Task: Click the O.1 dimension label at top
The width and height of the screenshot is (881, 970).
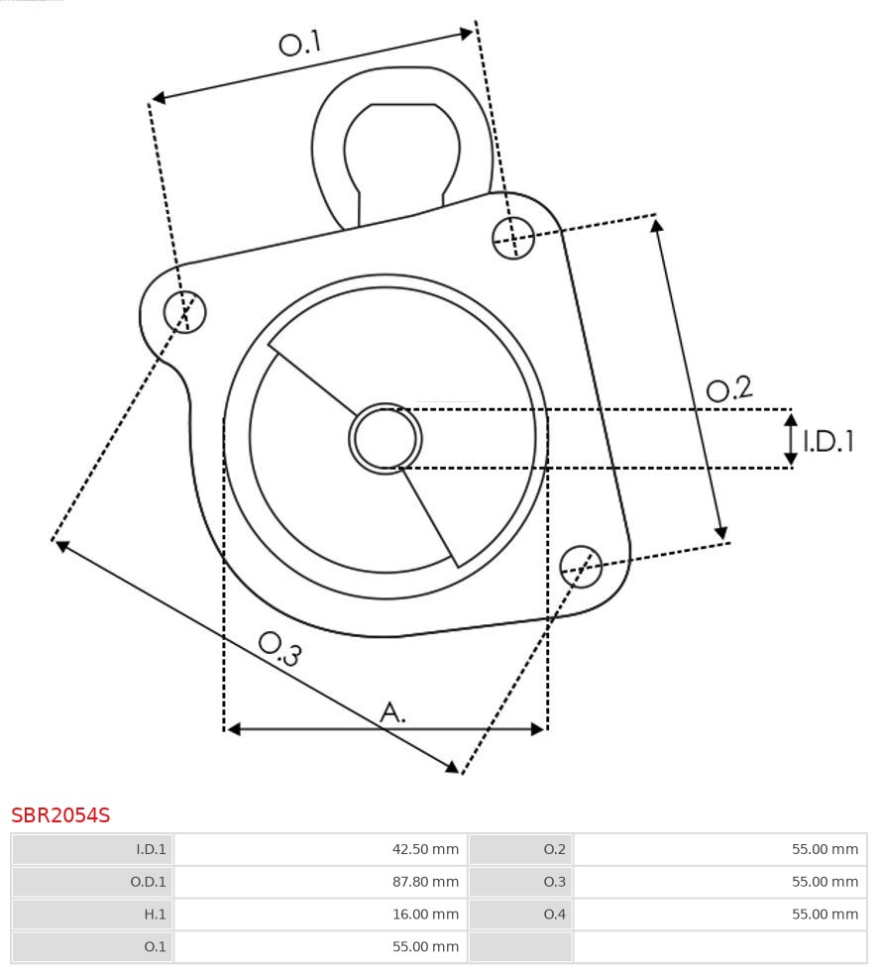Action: (300, 43)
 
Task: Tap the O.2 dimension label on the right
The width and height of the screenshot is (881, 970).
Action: (729, 388)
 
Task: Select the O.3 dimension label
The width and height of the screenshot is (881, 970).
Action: (279, 648)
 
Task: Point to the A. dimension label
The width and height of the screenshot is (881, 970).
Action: (393, 711)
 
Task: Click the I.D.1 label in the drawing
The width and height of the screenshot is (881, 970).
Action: (828, 441)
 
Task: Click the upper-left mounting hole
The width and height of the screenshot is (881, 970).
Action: (185, 312)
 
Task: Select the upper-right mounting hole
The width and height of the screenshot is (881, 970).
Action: (513, 237)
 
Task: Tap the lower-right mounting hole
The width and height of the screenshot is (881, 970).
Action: (581, 565)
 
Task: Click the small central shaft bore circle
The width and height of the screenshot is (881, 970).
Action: (385, 438)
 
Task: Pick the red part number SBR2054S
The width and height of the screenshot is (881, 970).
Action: (60, 815)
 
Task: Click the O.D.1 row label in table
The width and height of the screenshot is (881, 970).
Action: (150, 882)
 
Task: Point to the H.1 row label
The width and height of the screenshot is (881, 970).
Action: (155, 915)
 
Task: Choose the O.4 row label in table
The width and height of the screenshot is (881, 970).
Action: (554, 915)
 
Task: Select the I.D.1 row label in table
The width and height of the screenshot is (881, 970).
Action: (151, 849)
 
